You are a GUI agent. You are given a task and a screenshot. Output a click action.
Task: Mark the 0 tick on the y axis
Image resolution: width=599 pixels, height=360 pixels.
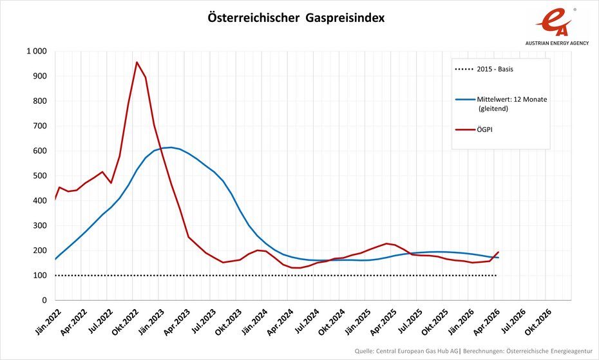tap(44, 301)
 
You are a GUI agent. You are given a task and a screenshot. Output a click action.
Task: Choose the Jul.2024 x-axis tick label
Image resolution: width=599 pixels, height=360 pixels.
tap(305, 320)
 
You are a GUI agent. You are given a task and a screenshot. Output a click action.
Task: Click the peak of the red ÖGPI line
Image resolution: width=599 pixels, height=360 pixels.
tap(137, 62)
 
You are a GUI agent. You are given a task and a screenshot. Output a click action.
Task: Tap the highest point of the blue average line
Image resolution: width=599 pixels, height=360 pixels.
tap(170, 147)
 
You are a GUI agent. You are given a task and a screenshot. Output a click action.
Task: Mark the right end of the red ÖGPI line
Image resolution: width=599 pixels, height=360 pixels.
tap(499, 252)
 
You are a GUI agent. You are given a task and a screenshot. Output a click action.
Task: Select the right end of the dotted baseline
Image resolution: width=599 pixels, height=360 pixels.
tap(496, 275)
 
